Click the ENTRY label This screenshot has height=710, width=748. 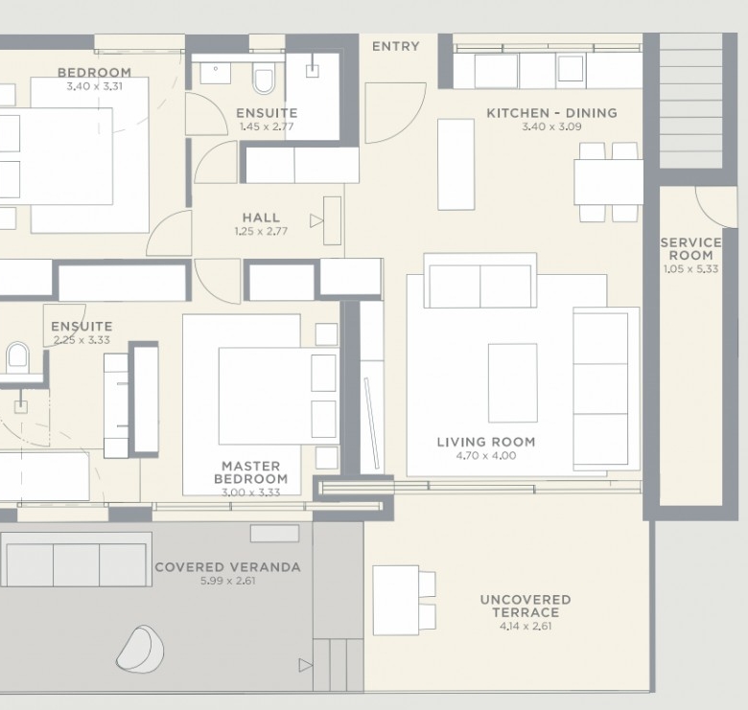(x=395, y=46)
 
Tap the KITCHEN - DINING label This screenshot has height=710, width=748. (x=552, y=113)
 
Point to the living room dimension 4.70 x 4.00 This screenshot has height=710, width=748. (x=486, y=455)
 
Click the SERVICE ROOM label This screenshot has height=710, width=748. (x=690, y=249)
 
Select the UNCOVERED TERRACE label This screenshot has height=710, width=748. (x=526, y=606)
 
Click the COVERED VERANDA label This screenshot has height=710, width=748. (x=228, y=567)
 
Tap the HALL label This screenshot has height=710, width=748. (x=261, y=218)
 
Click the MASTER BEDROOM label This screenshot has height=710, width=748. (x=251, y=472)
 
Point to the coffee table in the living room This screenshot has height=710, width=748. (x=512, y=382)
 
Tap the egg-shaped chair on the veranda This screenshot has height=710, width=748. (x=140, y=649)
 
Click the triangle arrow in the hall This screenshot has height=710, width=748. (x=316, y=221)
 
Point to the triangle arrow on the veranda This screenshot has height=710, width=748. (x=305, y=665)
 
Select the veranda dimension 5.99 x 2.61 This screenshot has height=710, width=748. (x=228, y=581)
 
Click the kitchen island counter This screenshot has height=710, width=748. (x=456, y=165)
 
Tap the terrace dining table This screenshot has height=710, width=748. (x=396, y=601)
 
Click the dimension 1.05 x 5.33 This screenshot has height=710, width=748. (x=690, y=268)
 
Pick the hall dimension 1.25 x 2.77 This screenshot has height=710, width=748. (x=261, y=232)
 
